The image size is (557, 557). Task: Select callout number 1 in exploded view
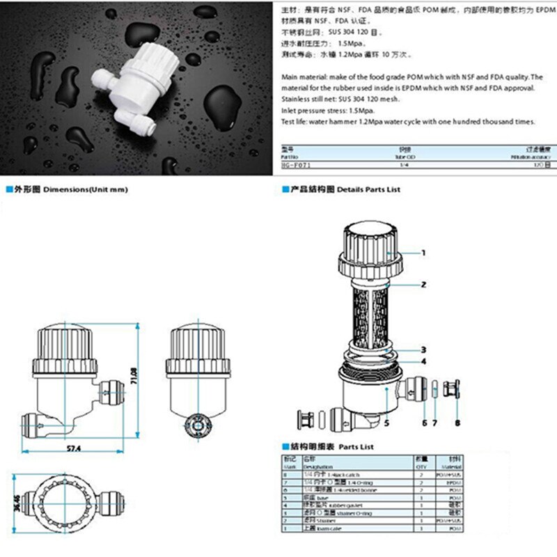point(423,253)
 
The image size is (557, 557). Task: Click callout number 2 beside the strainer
point(423,285)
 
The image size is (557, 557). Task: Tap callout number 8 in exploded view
point(457,422)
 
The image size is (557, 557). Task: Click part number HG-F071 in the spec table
point(296,166)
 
